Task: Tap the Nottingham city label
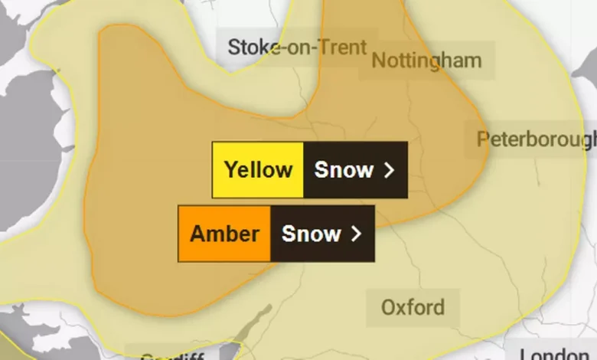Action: pos(426,61)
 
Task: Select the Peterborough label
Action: pos(536,139)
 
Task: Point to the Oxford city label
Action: pos(413,308)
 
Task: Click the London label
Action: pos(557,354)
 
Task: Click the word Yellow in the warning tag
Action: pos(258,170)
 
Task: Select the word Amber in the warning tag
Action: pos(224,234)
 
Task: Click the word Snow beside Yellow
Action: pos(344,170)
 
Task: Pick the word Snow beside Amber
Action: pos(311,234)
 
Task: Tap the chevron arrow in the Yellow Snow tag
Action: pos(388,170)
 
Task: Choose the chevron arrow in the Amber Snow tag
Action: pos(355,234)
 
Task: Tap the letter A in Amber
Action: pos(196,234)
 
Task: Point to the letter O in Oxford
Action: pos(389,308)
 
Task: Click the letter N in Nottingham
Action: pos(378,61)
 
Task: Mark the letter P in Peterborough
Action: pos(482,139)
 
